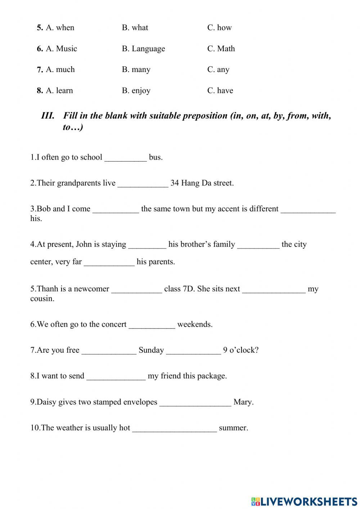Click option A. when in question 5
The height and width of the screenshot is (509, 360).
pyautogui.click(x=60, y=28)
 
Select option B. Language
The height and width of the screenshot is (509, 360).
pyautogui.click(x=143, y=49)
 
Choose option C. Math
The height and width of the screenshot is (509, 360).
pyautogui.click(x=221, y=49)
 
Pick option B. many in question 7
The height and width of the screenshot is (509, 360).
pyautogui.click(x=136, y=70)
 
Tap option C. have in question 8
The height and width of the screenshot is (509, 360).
pyautogui.click(x=220, y=90)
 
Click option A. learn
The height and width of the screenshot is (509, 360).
pyautogui.click(x=59, y=90)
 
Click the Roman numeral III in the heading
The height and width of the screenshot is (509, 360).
pyautogui.click(x=48, y=116)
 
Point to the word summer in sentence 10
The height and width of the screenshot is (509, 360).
pyautogui.click(x=233, y=428)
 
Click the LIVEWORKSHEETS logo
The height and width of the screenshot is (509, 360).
pyautogui.click(x=304, y=501)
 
